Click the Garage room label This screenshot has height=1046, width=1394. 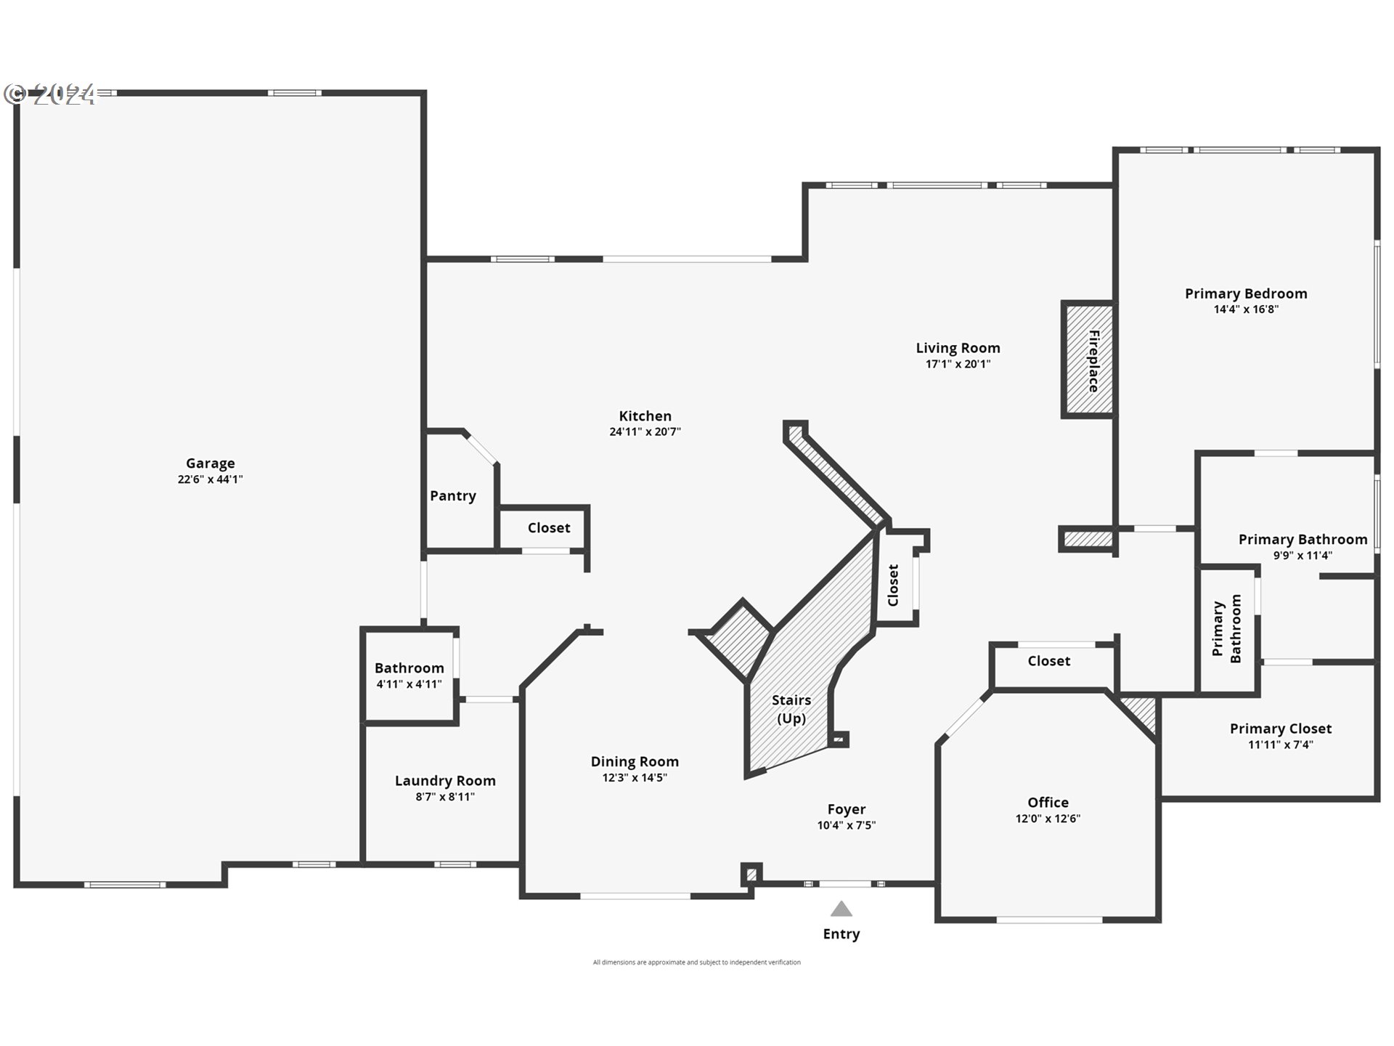click(x=210, y=463)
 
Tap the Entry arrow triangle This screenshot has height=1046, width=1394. click(x=841, y=909)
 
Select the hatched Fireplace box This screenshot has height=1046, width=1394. click(x=1088, y=360)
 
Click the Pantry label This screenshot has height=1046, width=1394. click(x=452, y=495)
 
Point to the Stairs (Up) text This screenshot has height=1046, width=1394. click(x=791, y=709)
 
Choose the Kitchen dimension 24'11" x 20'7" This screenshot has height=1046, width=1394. click(x=645, y=431)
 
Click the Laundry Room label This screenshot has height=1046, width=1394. click(x=445, y=780)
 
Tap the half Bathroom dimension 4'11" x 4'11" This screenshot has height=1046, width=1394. click(x=409, y=684)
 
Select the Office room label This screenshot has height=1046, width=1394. click(x=1048, y=802)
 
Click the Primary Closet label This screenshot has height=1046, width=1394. click(x=1280, y=728)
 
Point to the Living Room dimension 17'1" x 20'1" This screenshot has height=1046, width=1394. click(x=958, y=364)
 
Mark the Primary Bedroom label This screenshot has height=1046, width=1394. click(x=1246, y=293)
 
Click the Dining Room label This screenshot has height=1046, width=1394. click(x=635, y=761)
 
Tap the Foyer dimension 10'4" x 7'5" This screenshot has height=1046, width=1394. click(x=846, y=825)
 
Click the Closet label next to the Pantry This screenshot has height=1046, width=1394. click(x=548, y=527)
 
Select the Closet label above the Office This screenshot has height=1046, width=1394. click(x=1048, y=660)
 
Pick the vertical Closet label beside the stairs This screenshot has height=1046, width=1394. click(x=893, y=585)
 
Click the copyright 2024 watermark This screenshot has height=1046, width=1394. click(x=50, y=94)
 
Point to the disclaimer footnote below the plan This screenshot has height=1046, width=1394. click(x=696, y=962)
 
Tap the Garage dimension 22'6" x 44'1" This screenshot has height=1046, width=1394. click(x=210, y=479)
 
